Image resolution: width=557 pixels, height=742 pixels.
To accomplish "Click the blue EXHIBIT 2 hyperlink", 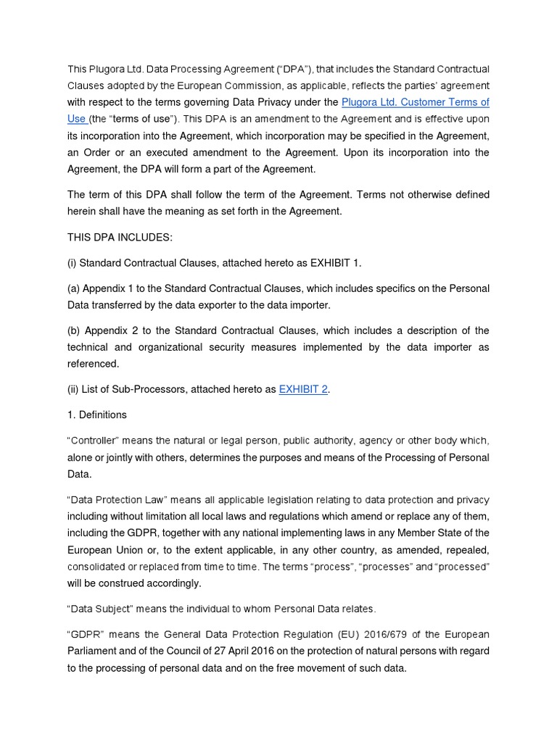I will click(x=303, y=389).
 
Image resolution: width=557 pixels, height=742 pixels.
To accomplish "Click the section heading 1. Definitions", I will click(x=96, y=415).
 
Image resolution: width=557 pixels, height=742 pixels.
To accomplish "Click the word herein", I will click(x=83, y=211).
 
